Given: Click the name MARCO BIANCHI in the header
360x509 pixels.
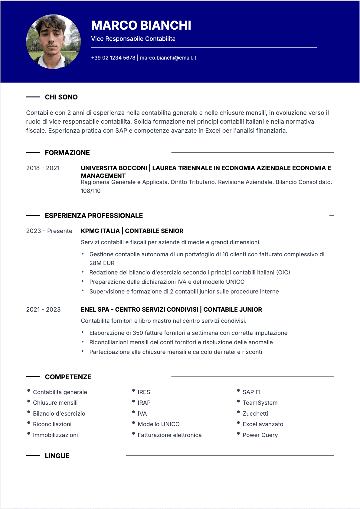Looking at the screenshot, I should click(x=141, y=25).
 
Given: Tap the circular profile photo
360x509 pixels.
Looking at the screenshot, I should click(x=54, y=42).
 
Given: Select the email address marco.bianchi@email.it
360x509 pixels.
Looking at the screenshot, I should click(x=168, y=58).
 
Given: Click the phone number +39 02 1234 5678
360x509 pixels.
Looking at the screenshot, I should click(x=113, y=58).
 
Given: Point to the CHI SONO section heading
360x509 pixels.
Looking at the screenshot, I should click(x=61, y=97).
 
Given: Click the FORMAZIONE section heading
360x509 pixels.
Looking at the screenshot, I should click(x=67, y=153).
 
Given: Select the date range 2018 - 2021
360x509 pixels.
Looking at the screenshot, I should click(x=43, y=168).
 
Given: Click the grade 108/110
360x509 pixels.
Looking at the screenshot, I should click(x=90, y=191).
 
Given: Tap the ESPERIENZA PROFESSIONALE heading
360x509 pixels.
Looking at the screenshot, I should click(x=94, y=216).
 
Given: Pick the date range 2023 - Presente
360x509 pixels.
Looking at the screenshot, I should click(x=49, y=231).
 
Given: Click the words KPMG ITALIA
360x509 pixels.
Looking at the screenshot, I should click(x=100, y=231).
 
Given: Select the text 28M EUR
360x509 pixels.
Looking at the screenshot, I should click(x=102, y=263).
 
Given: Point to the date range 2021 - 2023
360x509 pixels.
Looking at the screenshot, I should click(x=43, y=310).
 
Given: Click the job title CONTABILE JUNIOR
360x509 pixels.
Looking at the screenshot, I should click(x=233, y=310).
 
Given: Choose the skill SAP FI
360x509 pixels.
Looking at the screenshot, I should click(x=251, y=392).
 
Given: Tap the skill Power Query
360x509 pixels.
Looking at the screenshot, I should click(x=260, y=435).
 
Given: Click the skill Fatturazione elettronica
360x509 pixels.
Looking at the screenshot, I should click(x=169, y=435).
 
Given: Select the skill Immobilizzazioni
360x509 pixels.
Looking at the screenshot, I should click(x=55, y=435).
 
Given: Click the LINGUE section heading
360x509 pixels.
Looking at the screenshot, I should click(x=57, y=456).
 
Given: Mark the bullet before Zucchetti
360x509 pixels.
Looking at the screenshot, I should click(x=238, y=412).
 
